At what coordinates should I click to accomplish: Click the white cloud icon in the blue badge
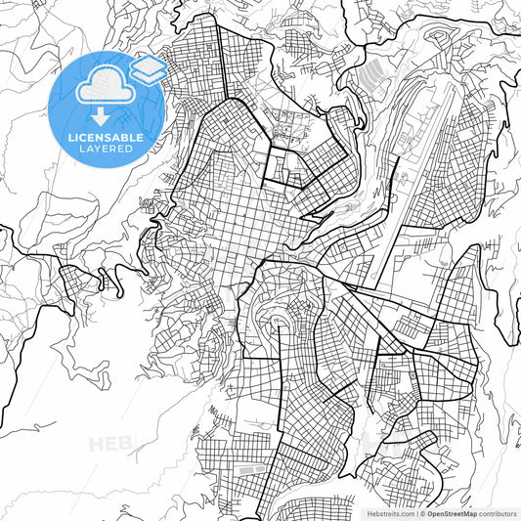point(101,87)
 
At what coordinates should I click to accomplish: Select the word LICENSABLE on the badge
point(106,138)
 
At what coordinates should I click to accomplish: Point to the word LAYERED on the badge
point(106,151)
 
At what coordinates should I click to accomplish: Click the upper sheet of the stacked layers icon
point(149,65)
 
